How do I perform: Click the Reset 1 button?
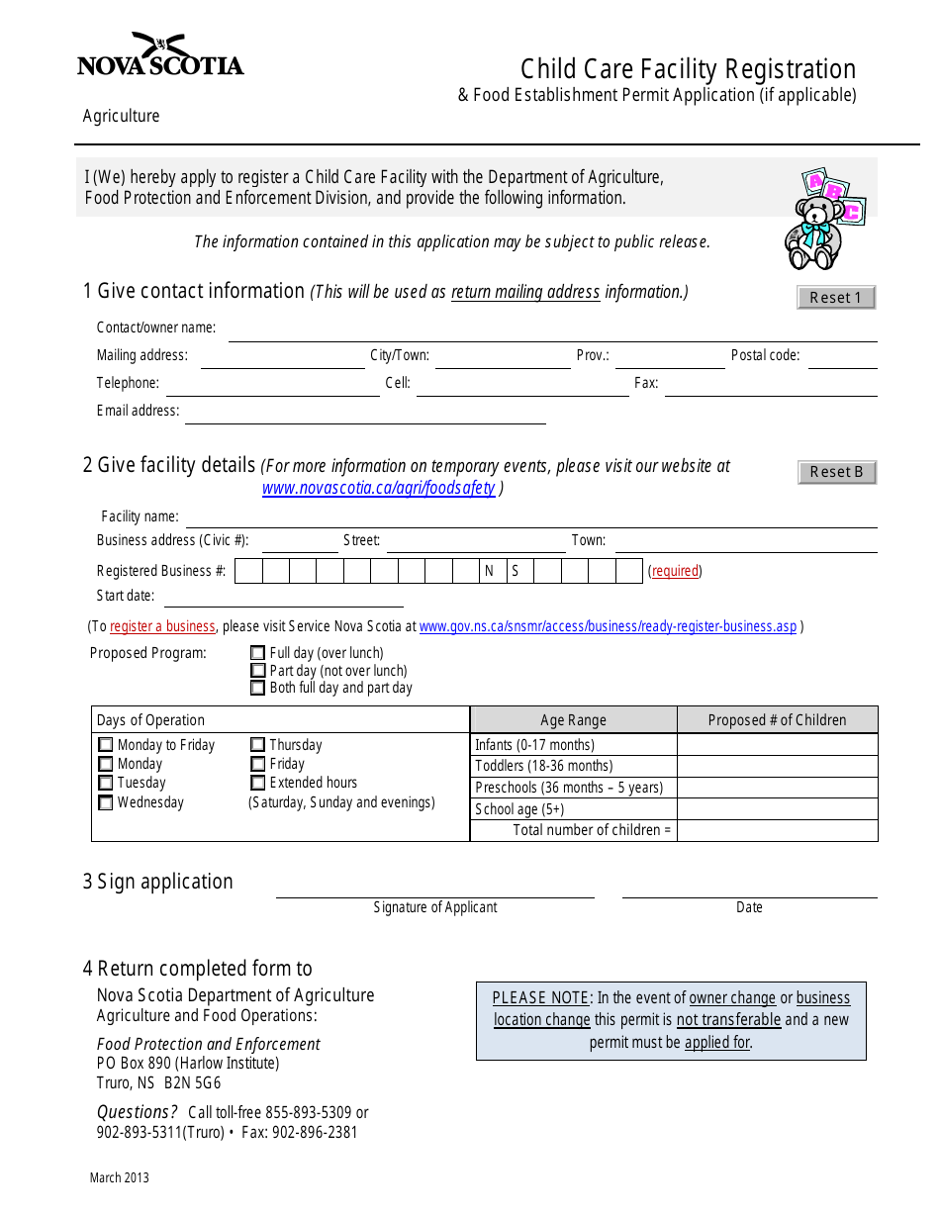pos(836,297)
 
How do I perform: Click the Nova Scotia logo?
pos(160,56)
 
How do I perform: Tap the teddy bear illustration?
pos(821,220)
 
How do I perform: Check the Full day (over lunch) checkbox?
pos(258,653)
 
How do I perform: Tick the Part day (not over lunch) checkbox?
pos(258,671)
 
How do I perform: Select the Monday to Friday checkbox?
pos(106,745)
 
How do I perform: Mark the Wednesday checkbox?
pos(106,802)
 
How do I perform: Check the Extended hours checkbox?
pos(258,783)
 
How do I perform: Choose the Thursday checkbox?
pos(258,745)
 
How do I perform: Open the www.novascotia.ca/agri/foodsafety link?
pos(378,488)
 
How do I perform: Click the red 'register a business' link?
pos(162,626)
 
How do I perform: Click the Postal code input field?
pos(842,357)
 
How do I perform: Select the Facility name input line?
pos(531,517)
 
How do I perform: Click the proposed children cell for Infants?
pos(777,745)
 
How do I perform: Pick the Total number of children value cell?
pos(777,830)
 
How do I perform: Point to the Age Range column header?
pos(573,720)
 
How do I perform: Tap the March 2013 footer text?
pos(120,1177)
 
